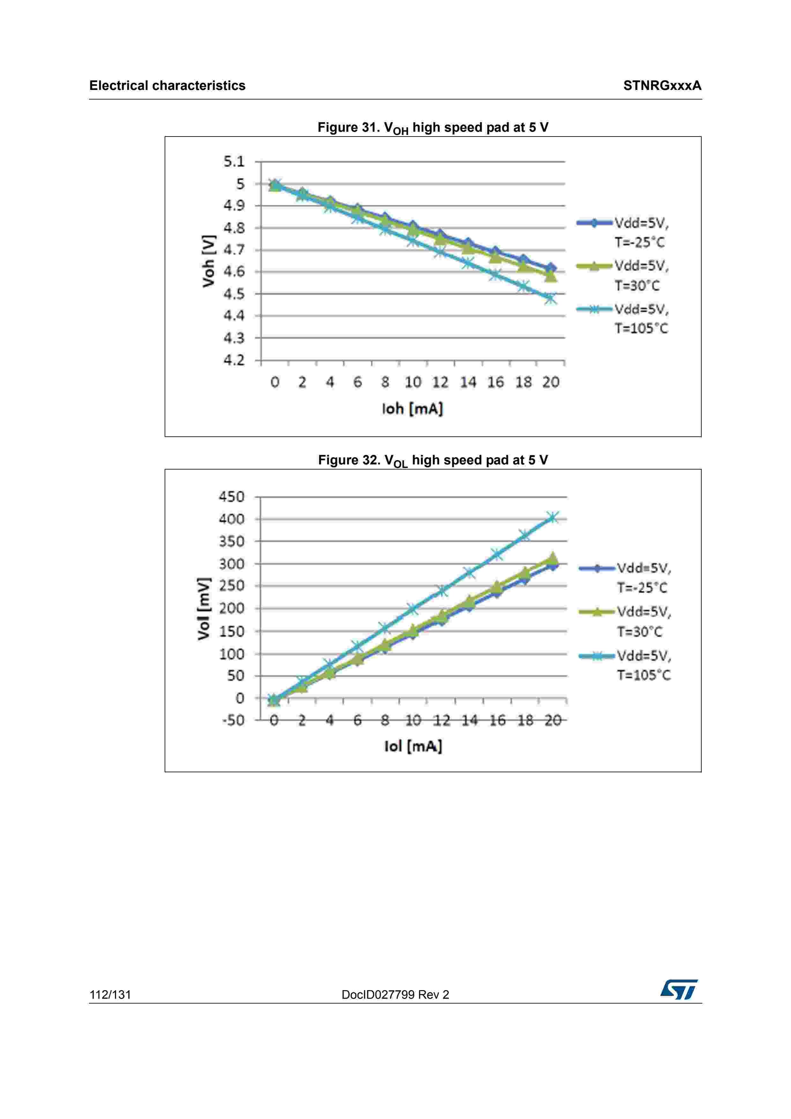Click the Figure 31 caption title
[x=433, y=128]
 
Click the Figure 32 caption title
[x=433, y=461]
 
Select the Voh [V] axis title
[x=209, y=261]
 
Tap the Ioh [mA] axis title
[x=412, y=408]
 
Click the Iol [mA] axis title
[x=413, y=746]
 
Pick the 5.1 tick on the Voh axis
[x=234, y=161]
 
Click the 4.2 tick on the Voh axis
[x=234, y=360]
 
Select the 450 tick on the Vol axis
[x=232, y=497]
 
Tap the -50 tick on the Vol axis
[x=233, y=720]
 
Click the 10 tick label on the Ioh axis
[x=413, y=382]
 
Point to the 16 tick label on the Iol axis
[x=497, y=720]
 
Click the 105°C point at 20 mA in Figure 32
[x=552, y=517]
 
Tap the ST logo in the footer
[x=679, y=989]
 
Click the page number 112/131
[x=110, y=995]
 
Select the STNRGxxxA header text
[x=662, y=86]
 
